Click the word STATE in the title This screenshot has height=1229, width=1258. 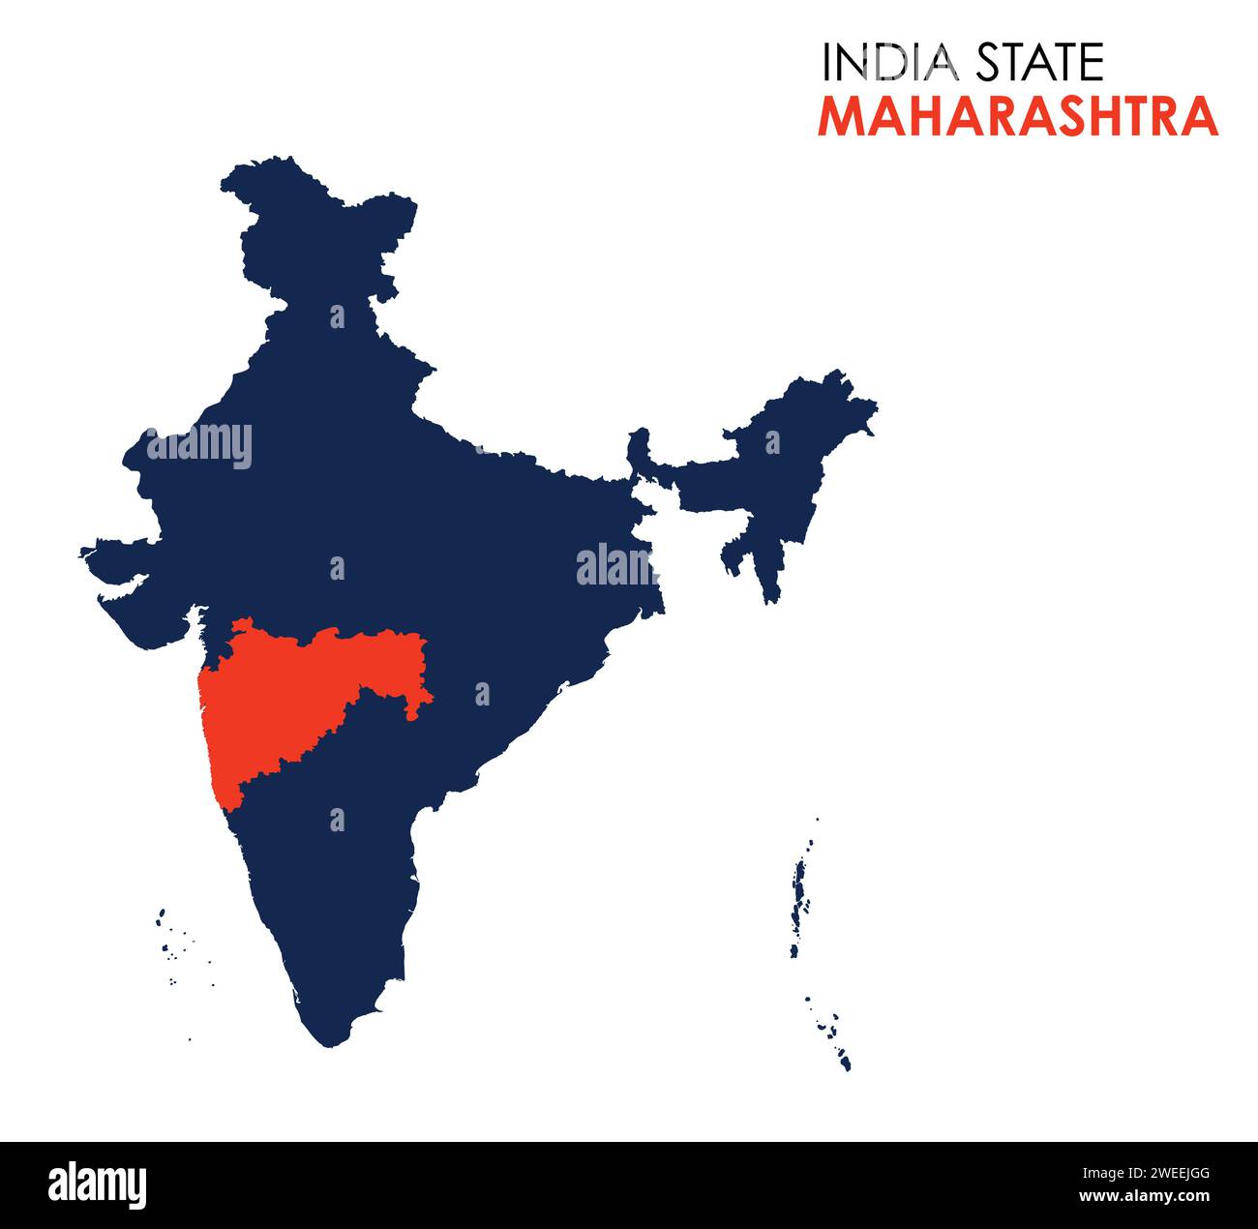point(1039,63)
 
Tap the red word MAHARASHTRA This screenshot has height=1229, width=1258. point(1018,116)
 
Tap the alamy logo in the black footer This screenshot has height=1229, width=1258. point(97,1184)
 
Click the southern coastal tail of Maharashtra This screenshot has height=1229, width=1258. point(228,784)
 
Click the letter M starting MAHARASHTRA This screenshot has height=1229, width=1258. point(840,116)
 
